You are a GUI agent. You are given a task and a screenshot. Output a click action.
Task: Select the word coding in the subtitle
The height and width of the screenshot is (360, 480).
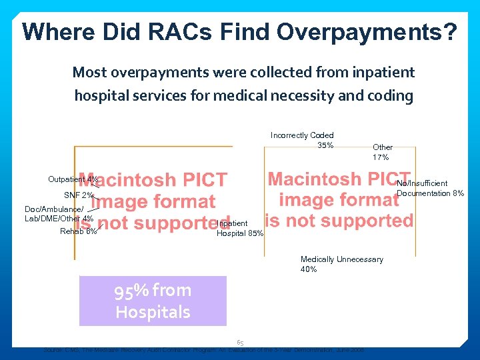[391, 95]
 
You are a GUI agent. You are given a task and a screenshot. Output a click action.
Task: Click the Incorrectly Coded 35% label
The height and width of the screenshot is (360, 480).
[302, 140]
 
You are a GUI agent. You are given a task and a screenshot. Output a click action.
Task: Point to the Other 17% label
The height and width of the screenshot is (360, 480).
[382, 152]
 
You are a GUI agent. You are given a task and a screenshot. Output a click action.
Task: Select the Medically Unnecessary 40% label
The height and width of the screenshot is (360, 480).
[341, 264]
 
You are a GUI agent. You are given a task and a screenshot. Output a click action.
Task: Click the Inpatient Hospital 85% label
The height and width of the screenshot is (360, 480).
[240, 229]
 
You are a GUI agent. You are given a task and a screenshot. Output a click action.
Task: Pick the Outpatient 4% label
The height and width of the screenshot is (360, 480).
[73, 179]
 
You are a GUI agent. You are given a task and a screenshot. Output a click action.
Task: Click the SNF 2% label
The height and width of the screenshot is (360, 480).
[78, 195]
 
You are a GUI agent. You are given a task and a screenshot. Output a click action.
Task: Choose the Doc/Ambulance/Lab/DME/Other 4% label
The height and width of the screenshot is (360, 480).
[59, 214]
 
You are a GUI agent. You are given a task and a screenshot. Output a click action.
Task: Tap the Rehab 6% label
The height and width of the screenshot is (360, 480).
[78, 232]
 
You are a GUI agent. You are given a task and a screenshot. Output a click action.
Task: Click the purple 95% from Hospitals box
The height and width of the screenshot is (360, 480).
[153, 301]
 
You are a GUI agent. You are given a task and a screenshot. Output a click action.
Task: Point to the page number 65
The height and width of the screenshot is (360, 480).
[240, 342]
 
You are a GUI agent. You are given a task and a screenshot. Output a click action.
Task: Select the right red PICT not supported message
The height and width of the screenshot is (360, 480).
[339, 199]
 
